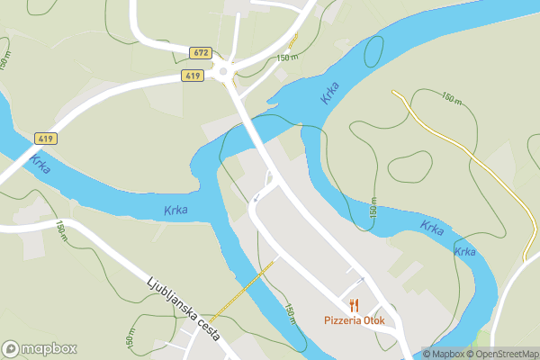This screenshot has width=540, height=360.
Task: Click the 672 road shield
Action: (x=201, y=52)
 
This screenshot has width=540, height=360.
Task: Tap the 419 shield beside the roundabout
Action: (x=193, y=76)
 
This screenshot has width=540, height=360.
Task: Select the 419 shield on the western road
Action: (x=47, y=139)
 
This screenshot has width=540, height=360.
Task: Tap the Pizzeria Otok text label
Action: (x=354, y=319)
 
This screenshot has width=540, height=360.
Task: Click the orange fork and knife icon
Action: (x=355, y=304)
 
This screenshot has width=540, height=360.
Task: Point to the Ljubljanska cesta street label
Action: (x=183, y=306)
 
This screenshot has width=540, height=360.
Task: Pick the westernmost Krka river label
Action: (x=39, y=165)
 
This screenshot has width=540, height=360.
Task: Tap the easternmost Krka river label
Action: (x=464, y=251)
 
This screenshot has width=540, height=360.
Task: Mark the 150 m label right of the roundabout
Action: (x=287, y=58)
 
